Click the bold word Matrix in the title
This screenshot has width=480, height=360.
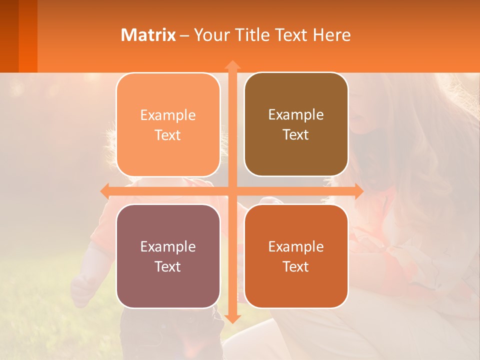click(x=148, y=35)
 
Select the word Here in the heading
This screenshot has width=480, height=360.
click(x=332, y=35)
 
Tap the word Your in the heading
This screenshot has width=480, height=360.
click(x=210, y=35)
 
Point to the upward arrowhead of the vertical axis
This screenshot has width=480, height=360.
click(x=232, y=65)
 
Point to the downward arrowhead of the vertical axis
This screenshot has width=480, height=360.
click(x=232, y=318)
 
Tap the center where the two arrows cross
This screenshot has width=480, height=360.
click(x=232, y=190)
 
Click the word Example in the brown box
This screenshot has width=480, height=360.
click(x=296, y=115)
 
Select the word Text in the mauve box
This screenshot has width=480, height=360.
click(x=167, y=266)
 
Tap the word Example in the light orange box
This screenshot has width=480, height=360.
click(x=168, y=115)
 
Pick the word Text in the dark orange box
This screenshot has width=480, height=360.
click(x=296, y=266)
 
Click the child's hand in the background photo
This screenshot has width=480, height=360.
click(x=82, y=290)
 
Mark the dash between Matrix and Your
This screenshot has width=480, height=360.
click(x=184, y=35)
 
